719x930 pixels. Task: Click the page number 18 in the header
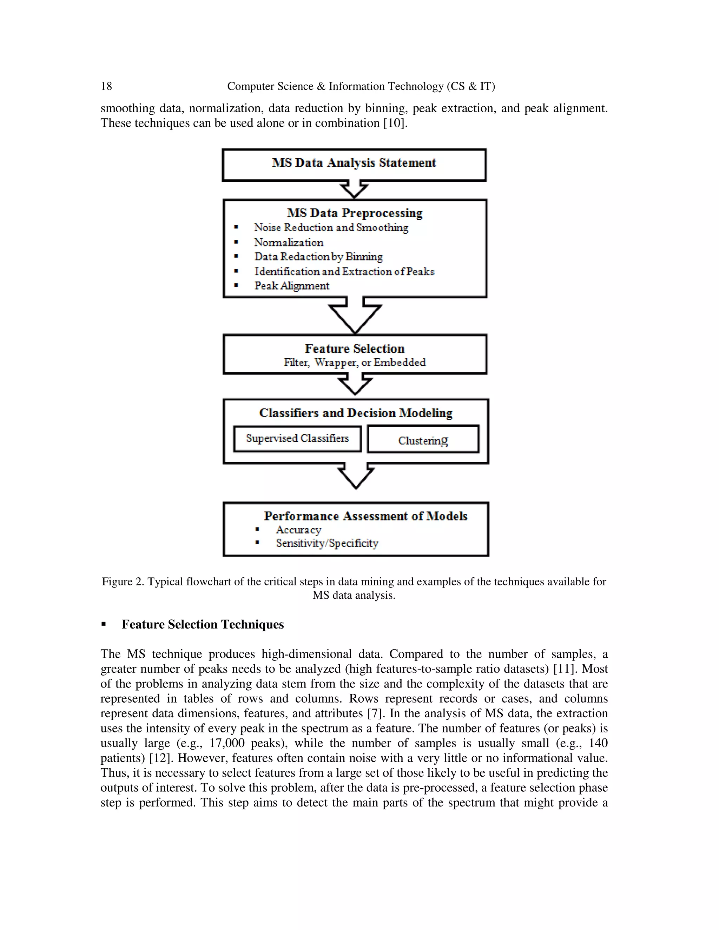point(106,86)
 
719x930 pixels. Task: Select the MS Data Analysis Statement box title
point(354,163)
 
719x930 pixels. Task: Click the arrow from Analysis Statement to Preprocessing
point(354,189)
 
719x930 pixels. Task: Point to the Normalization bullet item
point(288,243)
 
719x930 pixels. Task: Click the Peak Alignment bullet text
point(292,286)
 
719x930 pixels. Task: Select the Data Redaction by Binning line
point(318,257)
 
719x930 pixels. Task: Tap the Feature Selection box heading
point(354,349)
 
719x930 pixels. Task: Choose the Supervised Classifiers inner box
point(297,439)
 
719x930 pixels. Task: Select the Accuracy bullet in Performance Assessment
point(298,530)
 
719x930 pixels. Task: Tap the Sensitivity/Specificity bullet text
point(327,543)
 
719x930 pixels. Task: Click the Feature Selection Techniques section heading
point(203,624)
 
